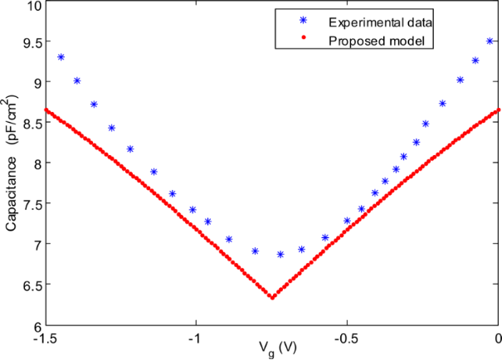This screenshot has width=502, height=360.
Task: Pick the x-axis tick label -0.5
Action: coord(346,338)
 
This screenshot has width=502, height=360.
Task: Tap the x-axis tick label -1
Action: coord(196,338)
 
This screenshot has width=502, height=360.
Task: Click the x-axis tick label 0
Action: coord(498,338)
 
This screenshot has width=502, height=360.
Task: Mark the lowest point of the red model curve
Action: coord(272,296)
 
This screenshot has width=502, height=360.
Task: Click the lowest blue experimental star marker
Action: coord(280,255)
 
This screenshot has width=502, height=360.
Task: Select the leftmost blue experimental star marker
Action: coord(61,57)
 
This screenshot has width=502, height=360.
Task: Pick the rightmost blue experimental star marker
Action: coord(490,41)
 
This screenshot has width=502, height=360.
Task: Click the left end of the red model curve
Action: coord(46,109)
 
